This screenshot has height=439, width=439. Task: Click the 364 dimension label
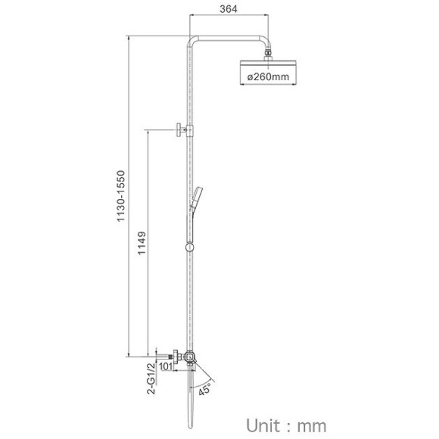pyautogui.click(x=229, y=9)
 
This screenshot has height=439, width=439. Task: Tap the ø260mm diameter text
pyautogui.click(x=268, y=76)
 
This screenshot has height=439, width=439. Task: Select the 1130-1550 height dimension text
pyautogui.click(x=120, y=196)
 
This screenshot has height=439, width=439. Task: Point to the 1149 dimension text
pyautogui.click(x=142, y=243)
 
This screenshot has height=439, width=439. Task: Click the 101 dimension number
pyautogui.click(x=166, y=366)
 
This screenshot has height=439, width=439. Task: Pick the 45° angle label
pyautogui.click(x=205, y=389)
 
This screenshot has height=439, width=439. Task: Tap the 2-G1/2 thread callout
pyautogui.click(x=151, y=378)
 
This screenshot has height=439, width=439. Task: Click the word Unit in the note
pyautogui.click(x=263, y=425)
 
